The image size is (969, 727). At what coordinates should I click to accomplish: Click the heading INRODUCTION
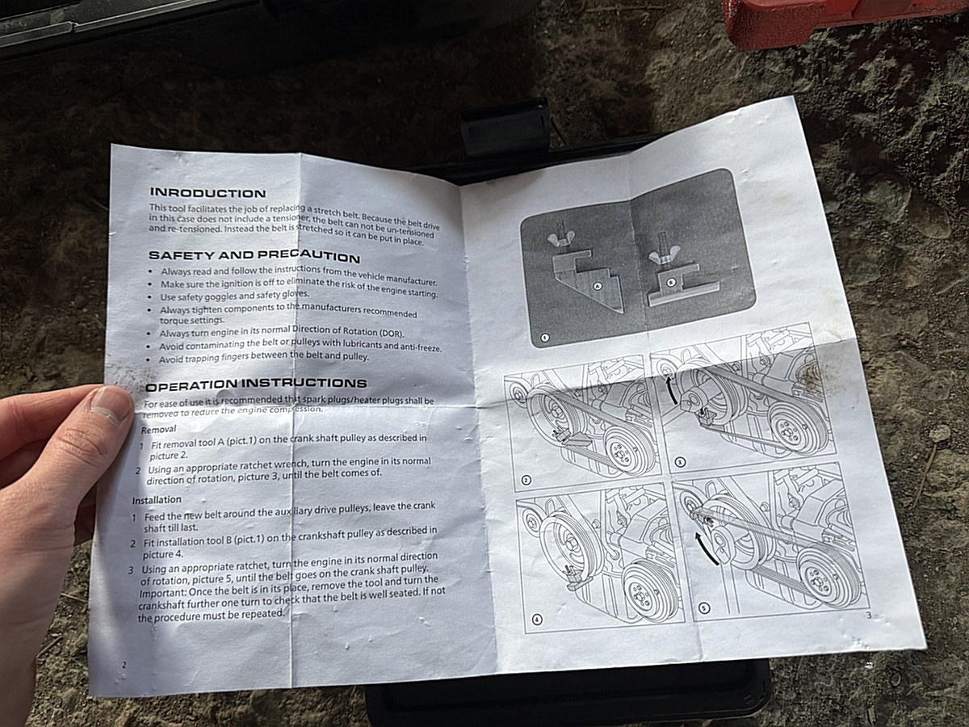tap(208, 193)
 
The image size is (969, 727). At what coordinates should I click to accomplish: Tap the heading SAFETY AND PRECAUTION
tap(254, 256)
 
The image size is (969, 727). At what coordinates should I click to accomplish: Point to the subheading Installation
tap(157, 500)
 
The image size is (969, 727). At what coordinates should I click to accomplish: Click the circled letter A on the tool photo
tap(598, 286)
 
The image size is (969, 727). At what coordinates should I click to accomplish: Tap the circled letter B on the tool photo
tap(670, 282)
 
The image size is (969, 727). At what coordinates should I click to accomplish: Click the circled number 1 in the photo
tap(545, 338)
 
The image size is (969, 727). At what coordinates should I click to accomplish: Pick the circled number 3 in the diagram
tap(680, 463)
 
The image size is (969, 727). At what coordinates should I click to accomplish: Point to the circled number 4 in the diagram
tap(537, 620)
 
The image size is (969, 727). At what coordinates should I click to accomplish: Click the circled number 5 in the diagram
tap(704, 608)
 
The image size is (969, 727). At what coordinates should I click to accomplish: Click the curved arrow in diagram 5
tap(703, 548)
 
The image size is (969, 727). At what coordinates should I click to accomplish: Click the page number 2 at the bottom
tap(124, 664)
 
